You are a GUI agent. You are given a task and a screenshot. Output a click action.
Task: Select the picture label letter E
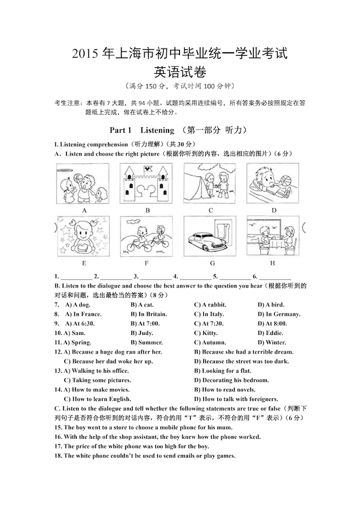[84, 263]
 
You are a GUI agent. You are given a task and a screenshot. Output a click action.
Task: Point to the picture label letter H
[273, 263]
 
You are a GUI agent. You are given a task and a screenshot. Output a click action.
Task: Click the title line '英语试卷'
[179, 71]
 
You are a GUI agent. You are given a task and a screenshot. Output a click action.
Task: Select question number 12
[58, 352]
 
